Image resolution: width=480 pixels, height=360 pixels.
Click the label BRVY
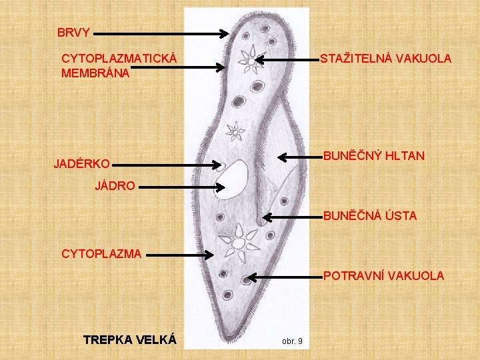pyautogui.click(x=73, y=32)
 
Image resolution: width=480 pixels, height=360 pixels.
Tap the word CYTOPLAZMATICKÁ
pyautogui.click(x=119, y=59)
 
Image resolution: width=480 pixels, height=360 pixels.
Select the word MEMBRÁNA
pyautogui.click(x=95, y=73)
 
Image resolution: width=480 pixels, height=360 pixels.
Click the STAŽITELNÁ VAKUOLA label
pyautogui.click(x=385, y=59)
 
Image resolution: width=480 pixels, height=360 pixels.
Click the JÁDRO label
pyautogui.click(x=115, y=187)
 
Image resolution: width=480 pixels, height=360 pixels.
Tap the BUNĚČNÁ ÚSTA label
pyautogui.click(x=370, y=216)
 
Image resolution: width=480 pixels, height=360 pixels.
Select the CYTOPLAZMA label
pyautogui.click(x=101, y=253)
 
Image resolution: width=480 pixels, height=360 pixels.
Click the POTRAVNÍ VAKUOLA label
pyautogui.click(x=383, y=275)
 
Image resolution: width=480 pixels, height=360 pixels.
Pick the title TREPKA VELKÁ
pyautogui.click(x=129, y=340)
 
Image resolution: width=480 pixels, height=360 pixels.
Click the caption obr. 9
pyautogui.click(x=292, y=341)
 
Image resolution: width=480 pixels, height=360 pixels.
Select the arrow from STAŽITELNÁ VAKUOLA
pyautogui.click(x=287, y=59)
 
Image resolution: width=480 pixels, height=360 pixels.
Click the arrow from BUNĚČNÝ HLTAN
pyautogui.click(x=299, y=157)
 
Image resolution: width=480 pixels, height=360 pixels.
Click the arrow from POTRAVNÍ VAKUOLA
pyautogui.click(x=283, y=276)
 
